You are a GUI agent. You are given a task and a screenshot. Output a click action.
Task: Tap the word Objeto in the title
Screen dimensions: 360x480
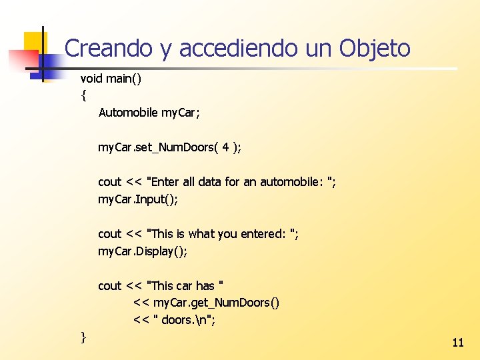(375, 48)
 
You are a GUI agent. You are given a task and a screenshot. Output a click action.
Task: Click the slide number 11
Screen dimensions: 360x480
(458, 343)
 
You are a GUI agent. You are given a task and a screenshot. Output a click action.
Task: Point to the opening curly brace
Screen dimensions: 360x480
(83, 95)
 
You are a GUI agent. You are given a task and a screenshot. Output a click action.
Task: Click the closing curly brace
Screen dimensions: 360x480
(83, 337)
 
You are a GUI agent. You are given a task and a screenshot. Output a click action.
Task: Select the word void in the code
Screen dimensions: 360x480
(91, 79)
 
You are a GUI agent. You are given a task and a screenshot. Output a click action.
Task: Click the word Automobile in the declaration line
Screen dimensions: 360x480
(129, 113)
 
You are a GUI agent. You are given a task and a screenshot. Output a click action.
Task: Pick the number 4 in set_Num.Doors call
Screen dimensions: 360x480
(226, 147)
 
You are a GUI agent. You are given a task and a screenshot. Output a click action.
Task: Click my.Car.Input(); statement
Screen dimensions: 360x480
(138, 199)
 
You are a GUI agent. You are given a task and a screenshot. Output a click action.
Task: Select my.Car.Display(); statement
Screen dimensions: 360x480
(143, 251)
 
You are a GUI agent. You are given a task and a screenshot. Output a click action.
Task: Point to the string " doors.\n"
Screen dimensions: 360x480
(184, 320)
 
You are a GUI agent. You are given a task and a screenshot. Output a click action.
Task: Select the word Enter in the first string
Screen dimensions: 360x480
(167, 182)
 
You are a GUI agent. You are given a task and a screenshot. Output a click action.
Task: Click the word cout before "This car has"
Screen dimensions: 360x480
(109, 286)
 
